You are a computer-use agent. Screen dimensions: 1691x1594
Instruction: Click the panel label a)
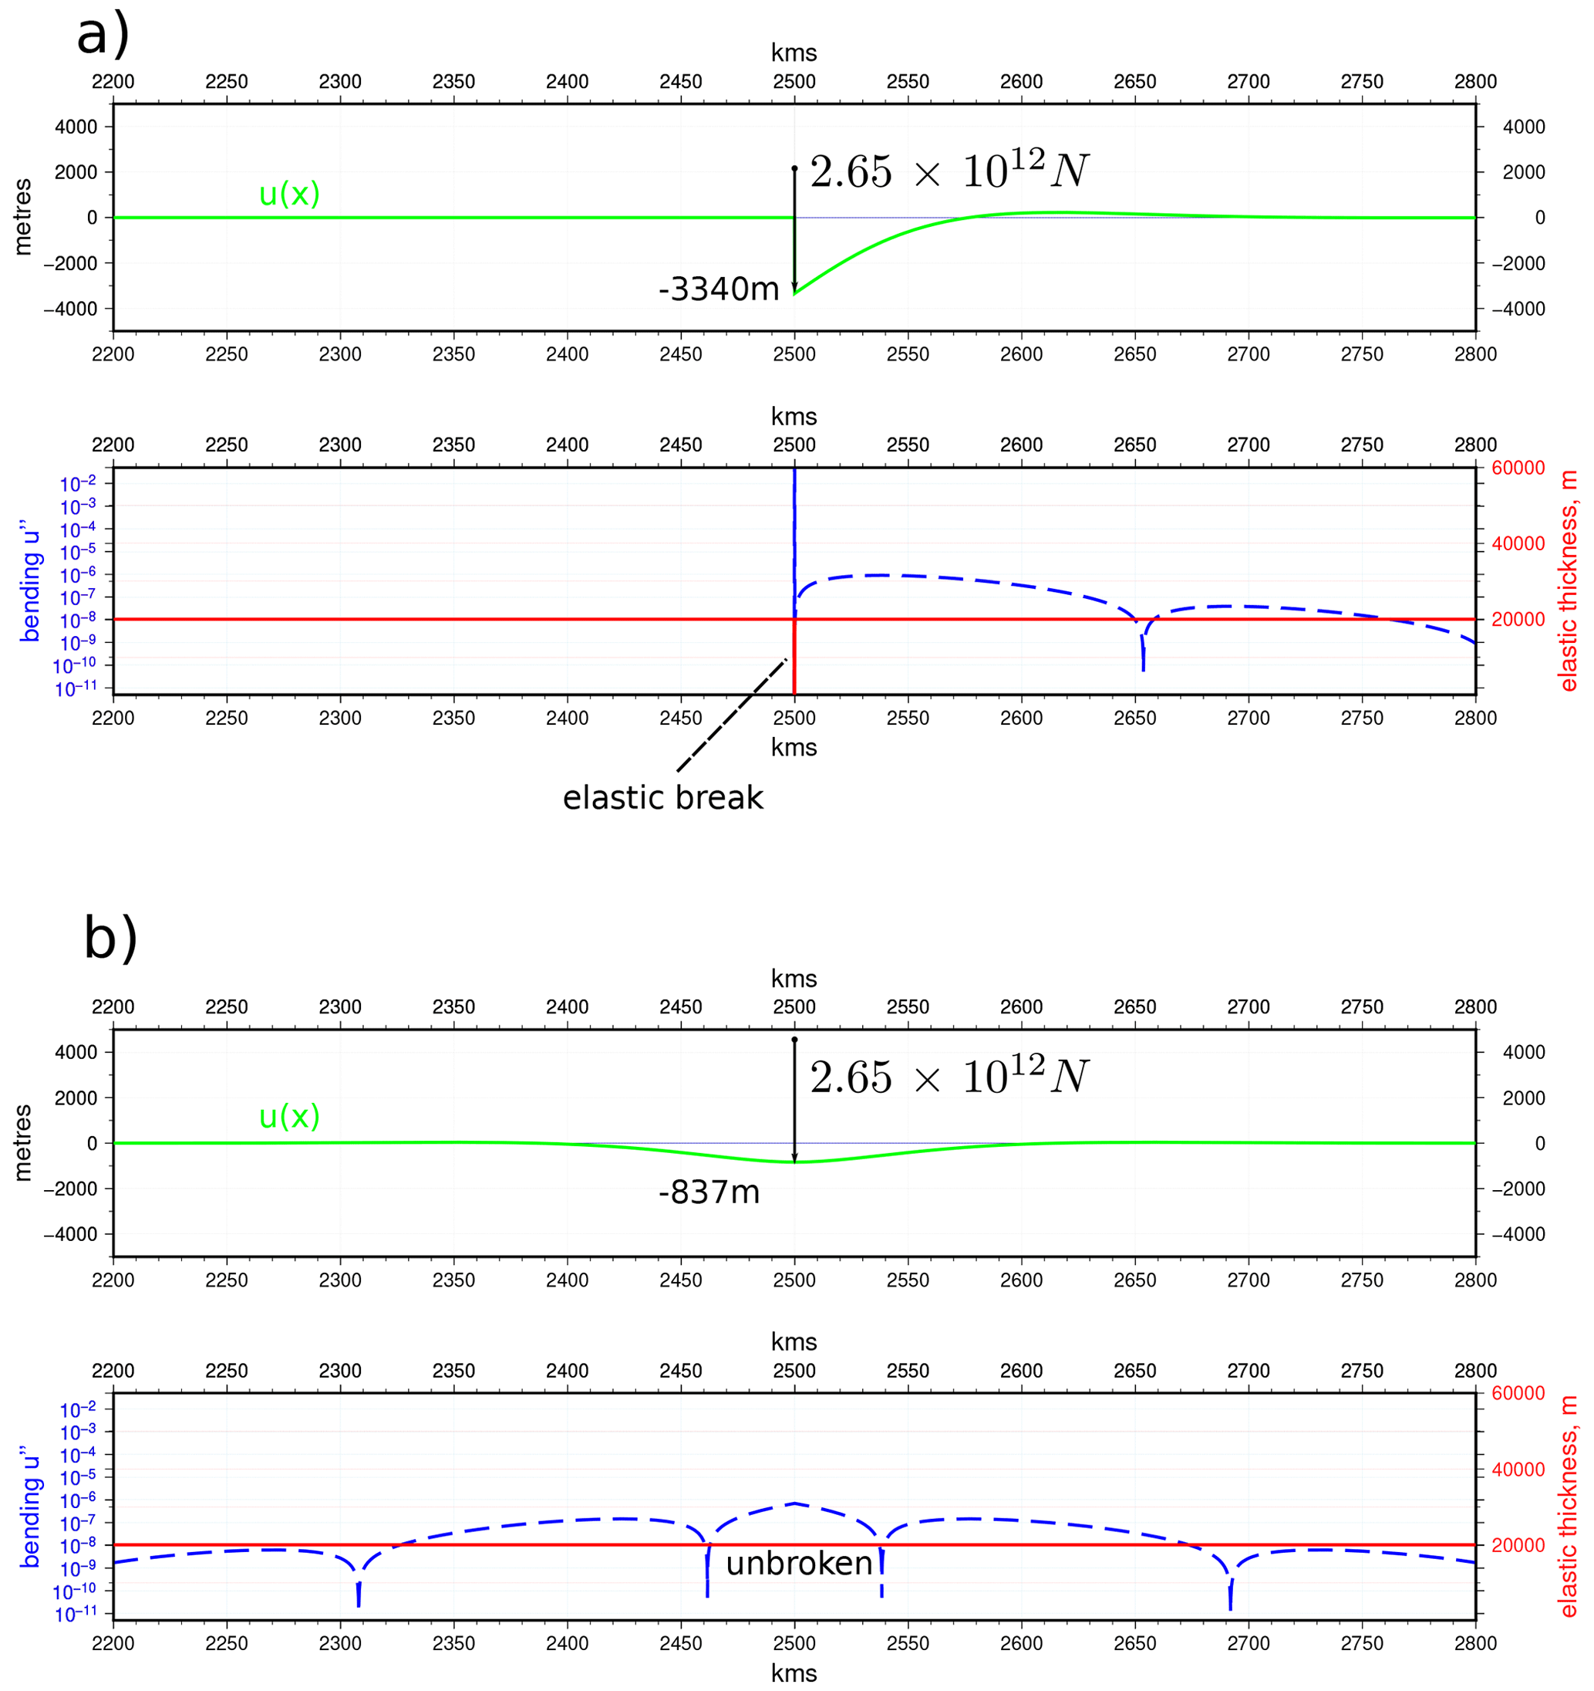[x=103, y=36]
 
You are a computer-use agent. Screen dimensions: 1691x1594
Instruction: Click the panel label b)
[x=110, y=939]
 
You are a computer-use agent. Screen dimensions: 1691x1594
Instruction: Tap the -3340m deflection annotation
[x=719, y=290]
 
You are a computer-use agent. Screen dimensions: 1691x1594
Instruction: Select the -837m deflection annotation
[x=709, y=1192]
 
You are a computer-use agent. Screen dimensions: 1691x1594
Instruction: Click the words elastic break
[x=663, y=798]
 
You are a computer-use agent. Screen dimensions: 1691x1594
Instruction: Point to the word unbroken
[x=799, y=1564]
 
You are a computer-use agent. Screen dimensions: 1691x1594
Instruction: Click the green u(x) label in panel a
[x=289, y=194]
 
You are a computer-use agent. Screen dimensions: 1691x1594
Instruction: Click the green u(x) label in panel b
[x=289, y=1117]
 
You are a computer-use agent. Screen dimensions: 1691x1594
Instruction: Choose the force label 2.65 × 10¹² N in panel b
[x=949, y=1077]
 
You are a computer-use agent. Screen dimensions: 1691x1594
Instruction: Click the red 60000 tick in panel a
[x=1518, y=468]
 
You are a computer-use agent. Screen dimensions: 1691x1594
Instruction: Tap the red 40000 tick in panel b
[x=1518, y=1469]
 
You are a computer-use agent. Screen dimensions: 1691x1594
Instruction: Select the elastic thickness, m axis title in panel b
[x=1569, y=1507]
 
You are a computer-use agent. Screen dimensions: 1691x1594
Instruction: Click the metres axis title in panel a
[x=23, y=217]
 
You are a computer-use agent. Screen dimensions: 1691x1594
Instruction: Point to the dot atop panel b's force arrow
[x=794, y=1040]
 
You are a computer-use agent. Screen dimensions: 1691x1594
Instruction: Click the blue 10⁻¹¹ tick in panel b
[x=76, y=1615]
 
